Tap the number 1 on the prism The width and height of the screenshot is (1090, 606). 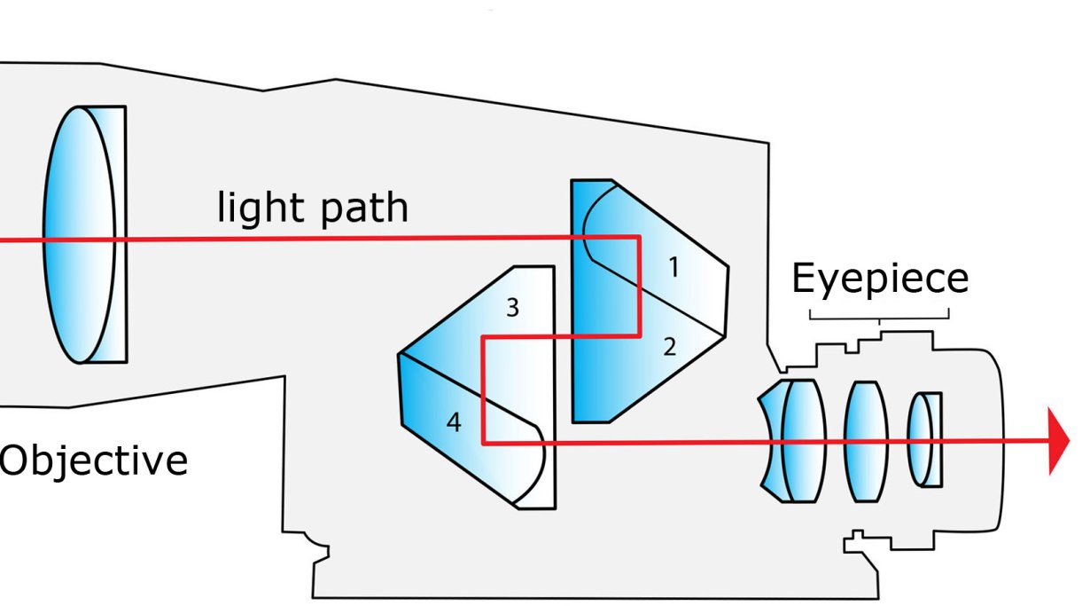click(673, 266)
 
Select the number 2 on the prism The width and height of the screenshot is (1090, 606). click(670, 347)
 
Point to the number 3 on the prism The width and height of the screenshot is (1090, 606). click(512, 308)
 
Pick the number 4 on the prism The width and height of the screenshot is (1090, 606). click(454, 423)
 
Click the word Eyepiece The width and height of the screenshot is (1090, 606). click(879, 279)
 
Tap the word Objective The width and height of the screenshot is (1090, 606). click(93, 461)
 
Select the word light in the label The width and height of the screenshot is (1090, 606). click(257, 207)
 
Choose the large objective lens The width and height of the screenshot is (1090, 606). click(84, 234)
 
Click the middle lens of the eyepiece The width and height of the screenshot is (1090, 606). click(865, 441)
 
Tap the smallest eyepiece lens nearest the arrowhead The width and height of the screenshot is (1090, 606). click(924, 439)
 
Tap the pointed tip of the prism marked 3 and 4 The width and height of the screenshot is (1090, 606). click(401, 356)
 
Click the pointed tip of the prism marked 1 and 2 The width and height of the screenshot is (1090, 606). click(727, 266)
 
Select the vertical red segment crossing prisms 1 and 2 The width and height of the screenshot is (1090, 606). click(639, 286)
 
